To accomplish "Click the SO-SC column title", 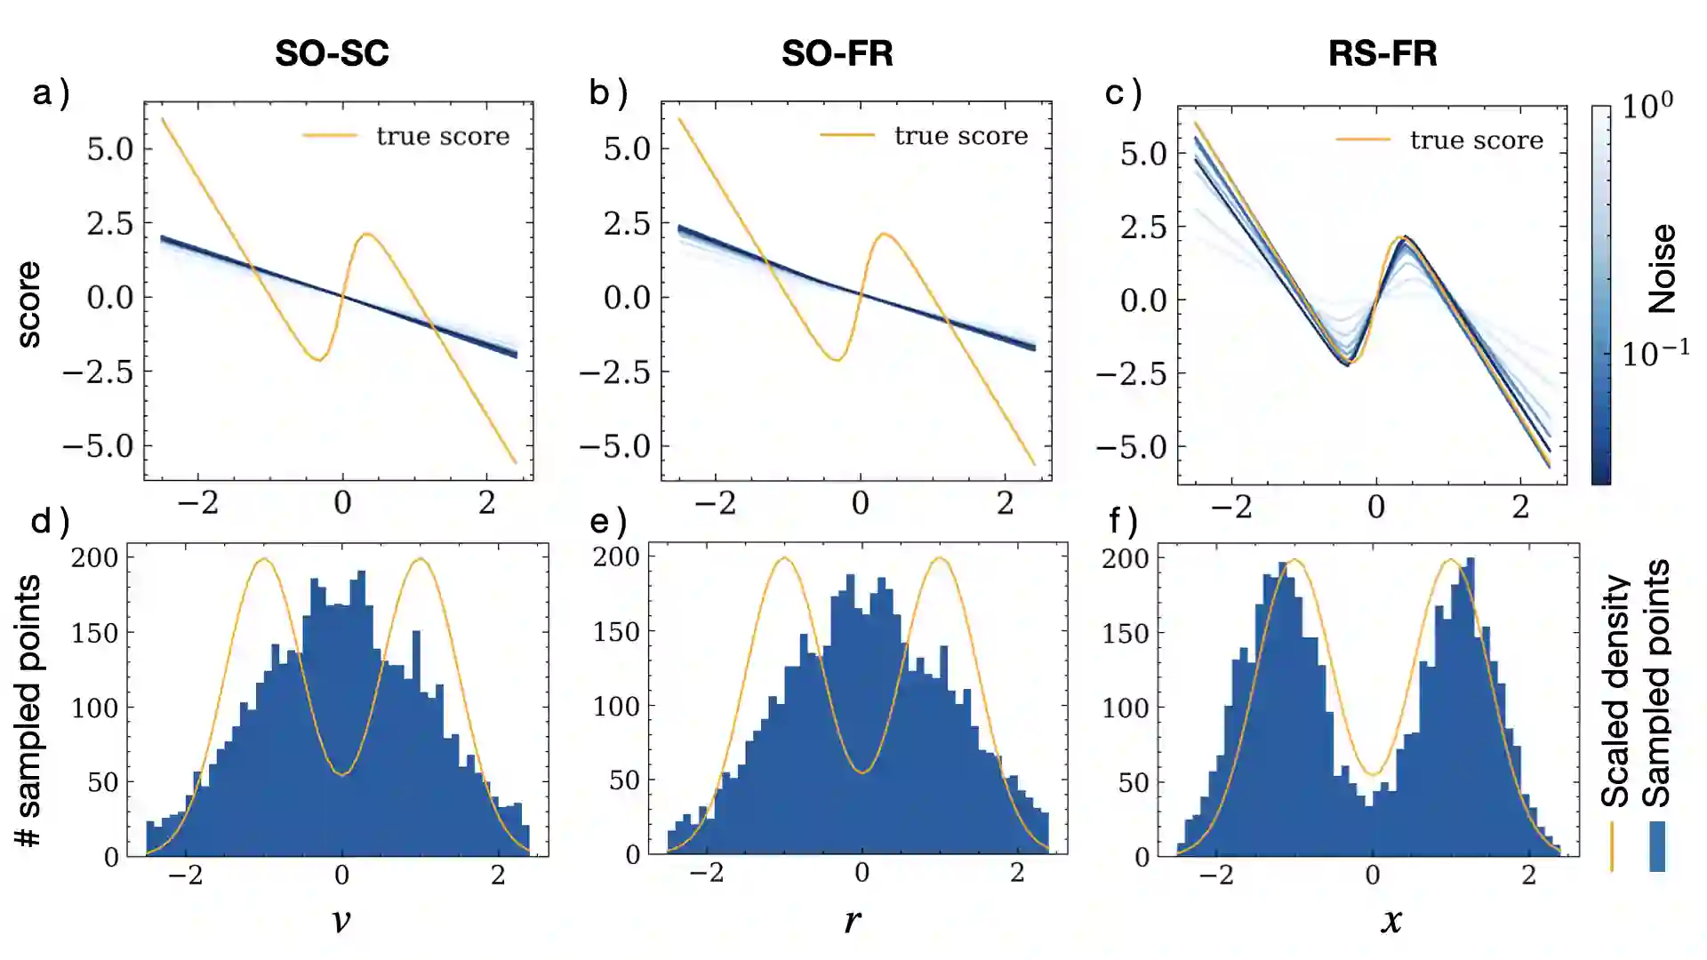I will pos(332,53).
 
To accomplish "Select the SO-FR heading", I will pos(837,53).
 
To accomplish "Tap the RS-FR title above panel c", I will pos(1382,53).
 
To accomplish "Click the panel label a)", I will pos(51,92).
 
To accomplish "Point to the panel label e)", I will pos(609,521).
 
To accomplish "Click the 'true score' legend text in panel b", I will pos(960,135).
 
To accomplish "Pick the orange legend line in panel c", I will pos(1363,140).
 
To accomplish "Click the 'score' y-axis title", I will pos(28,304).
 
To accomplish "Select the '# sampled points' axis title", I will pos(28,710).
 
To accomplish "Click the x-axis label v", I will pos(341,920).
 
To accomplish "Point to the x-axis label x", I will pos(1391,920).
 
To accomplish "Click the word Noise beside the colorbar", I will pos(1662,268).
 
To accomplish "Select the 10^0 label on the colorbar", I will pos(1647,107).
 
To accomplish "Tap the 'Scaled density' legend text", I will pos(1615,692).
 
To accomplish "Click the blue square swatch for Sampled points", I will pos(1657,846).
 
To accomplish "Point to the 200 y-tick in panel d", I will pos(95,558).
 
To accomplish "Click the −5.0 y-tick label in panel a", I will pos(98,446).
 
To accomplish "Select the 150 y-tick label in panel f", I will pos(1126,634).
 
